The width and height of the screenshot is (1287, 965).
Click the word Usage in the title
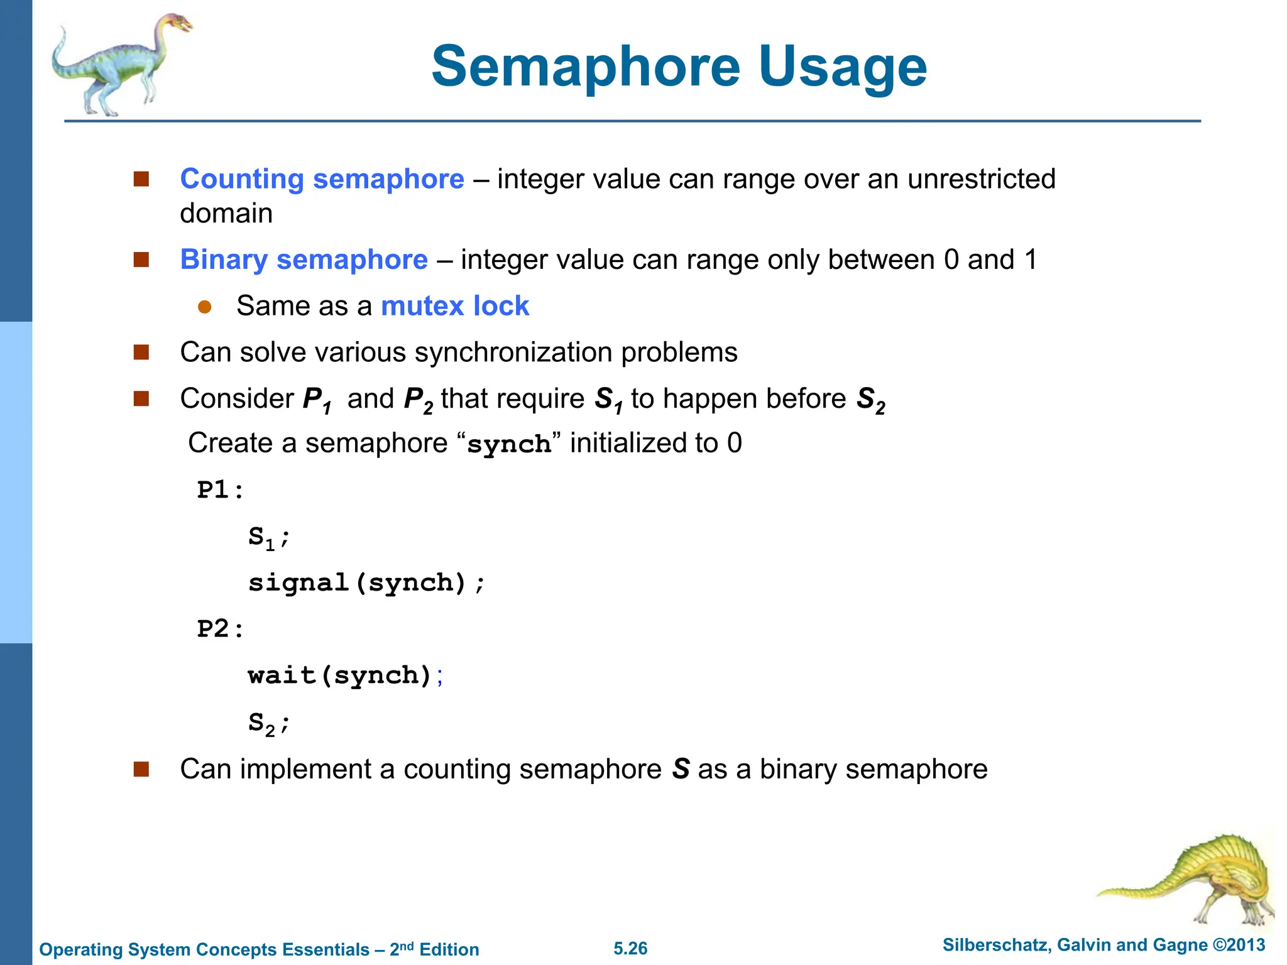842,68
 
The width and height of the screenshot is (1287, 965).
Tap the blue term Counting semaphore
322,179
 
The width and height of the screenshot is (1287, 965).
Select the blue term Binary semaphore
304,259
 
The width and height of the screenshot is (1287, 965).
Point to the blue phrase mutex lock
455,306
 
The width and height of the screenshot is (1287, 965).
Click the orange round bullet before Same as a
205,307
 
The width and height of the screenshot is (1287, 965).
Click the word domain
226,214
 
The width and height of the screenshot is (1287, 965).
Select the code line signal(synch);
366,583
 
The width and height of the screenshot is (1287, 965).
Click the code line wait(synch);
345,675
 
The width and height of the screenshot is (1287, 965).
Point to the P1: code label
220,490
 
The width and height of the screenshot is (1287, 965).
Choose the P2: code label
220,629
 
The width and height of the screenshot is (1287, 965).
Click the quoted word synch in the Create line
509,444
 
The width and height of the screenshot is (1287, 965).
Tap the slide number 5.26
630,949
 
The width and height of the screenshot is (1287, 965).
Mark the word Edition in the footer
449,949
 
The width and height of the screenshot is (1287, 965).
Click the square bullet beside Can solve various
141,352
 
